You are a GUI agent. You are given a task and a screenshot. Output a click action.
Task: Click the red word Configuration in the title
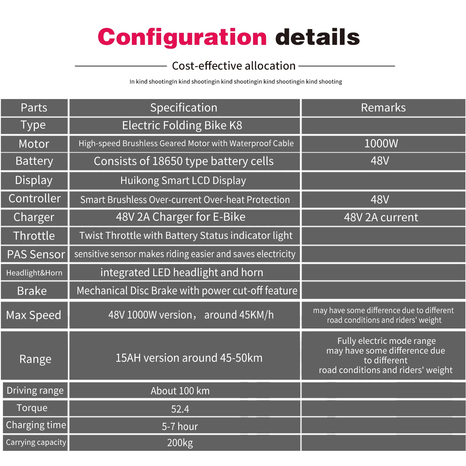coord(182,37)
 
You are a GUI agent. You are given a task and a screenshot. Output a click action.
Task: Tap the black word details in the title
coord(317,37)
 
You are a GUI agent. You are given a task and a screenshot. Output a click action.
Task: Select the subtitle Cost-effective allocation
coord(234,66)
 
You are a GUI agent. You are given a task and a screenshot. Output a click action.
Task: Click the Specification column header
coord(184,108)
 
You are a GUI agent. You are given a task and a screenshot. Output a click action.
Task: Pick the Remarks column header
coord(383,108)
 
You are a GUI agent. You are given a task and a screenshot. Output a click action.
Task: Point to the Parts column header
coord(34,108)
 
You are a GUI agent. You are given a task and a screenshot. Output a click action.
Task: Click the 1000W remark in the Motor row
coord(381,143)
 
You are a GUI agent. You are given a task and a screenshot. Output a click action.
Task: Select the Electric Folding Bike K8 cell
coord(182,126)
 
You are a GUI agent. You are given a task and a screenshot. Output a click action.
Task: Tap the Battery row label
coord(34,161)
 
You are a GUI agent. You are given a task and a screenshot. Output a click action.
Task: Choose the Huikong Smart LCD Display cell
coord(183,181)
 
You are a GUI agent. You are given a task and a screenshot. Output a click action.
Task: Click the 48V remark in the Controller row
coord(380,200)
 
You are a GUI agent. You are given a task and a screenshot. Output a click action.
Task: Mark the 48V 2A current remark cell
coord(381,217)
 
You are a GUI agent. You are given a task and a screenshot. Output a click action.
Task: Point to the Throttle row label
coord(34,236)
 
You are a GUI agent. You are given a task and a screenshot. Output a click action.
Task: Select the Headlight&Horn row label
coord(34,273)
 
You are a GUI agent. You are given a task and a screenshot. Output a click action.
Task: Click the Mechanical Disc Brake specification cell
coord(187,291)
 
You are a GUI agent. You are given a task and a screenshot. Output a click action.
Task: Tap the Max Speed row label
coord(34,315)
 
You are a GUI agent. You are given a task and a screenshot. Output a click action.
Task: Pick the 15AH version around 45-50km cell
coord(189,358)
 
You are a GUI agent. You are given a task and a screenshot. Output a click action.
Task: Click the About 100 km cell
coord(180,391)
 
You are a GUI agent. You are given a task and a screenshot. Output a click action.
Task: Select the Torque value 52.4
coord(180,409)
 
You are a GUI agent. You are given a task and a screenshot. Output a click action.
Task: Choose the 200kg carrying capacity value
coord(180,443)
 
